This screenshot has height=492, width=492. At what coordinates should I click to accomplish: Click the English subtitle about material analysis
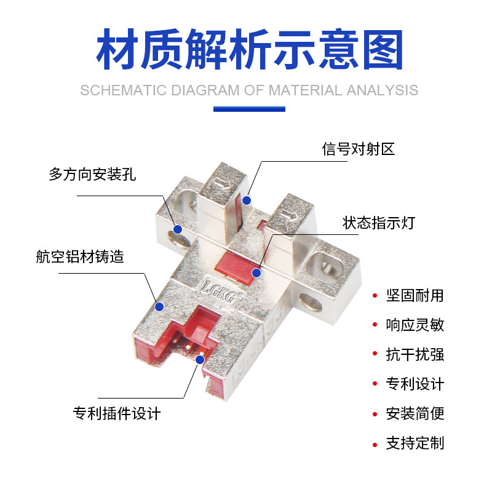(x=249, y=90)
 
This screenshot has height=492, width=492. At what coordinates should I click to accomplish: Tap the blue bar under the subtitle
(x=249, y=109)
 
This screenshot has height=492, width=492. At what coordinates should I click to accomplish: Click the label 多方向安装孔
(x=92, y=175)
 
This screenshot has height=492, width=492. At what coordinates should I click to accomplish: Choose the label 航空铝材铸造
(x=80, y=256)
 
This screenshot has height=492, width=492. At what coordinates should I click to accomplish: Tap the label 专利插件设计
(x=117, y=413)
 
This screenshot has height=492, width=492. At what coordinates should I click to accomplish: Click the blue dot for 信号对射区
(x=247, y=200)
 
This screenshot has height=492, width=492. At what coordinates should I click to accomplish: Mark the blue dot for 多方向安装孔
(x=178, y=229)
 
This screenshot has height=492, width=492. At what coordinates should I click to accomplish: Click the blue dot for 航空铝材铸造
(x=159, y=306)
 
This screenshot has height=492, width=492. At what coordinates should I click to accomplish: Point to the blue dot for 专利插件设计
(x=200, y=359)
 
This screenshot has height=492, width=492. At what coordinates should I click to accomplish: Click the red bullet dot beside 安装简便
(x=374, y=413)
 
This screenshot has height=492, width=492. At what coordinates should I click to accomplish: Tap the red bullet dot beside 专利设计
(x=374, y=384)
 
